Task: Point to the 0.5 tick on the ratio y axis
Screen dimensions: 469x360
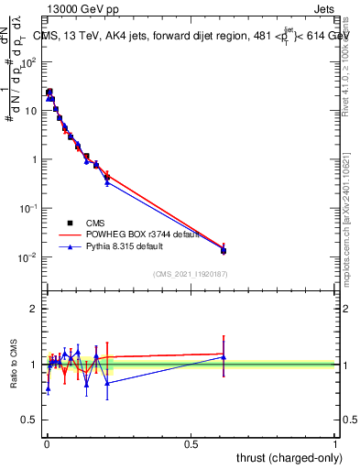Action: tap(29, 420)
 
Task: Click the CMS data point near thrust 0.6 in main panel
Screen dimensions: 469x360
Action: tap(224, 250)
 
